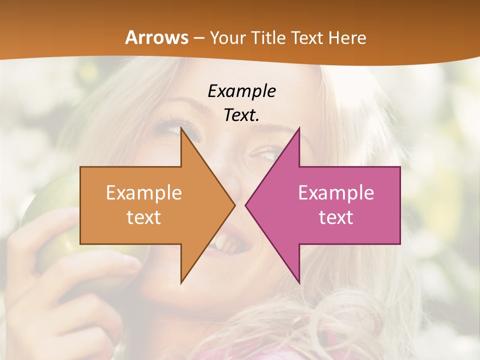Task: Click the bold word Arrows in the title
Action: coord(157,37)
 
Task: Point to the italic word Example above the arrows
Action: coord(241,91)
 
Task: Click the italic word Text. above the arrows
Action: coord(241,115)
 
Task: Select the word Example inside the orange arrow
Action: coord(144,193)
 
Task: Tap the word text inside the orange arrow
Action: coord(144,217)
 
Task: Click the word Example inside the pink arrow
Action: coord(336,193)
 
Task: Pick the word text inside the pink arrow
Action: coord(336,217)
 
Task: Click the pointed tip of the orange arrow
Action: coord(234,205)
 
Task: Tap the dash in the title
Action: coord(199,38)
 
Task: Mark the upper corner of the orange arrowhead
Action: coord(181,128)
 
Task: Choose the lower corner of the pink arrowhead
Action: coord(299,282)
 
